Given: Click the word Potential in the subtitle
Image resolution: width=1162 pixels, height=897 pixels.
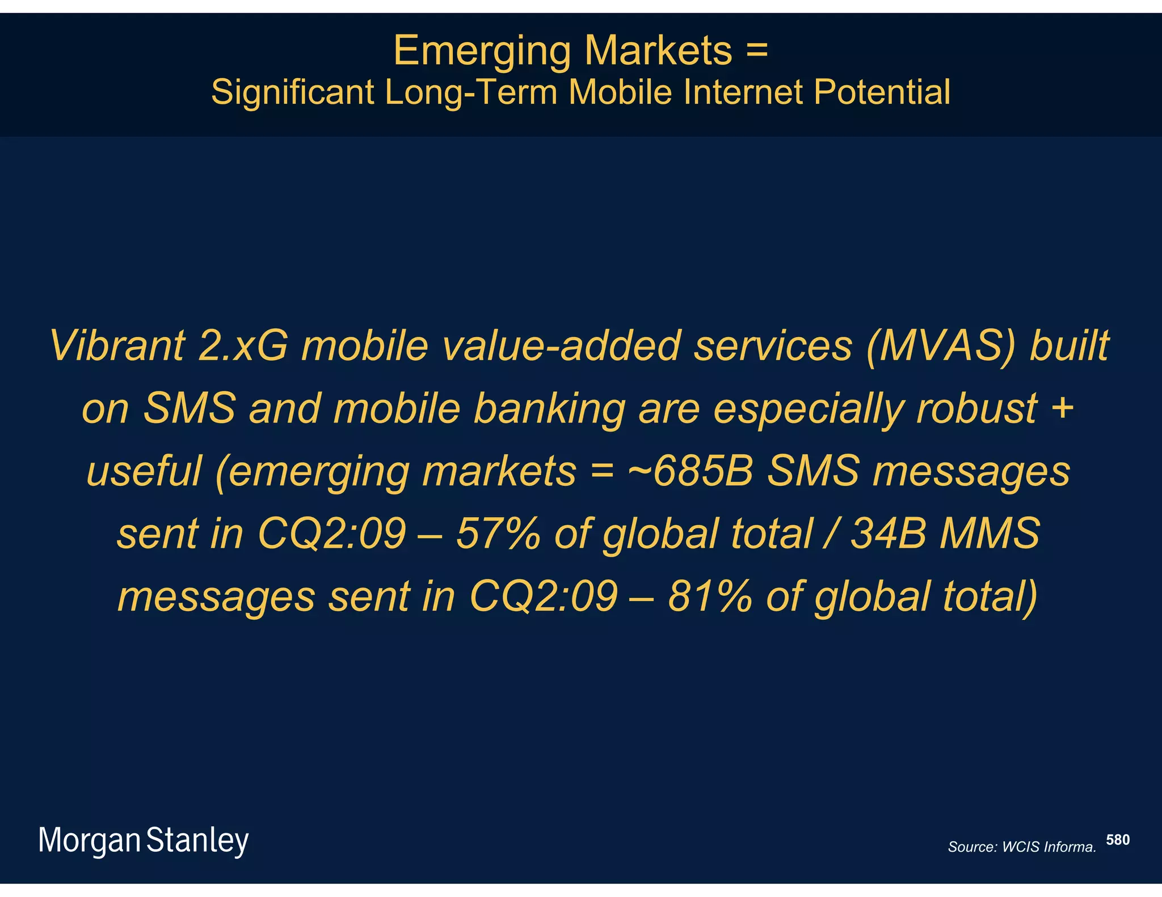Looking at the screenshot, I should pos(882,92).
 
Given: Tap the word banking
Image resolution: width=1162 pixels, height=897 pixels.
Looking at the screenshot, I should pos(549,408).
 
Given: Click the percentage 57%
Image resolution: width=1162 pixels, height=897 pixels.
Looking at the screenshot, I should pos(498,534).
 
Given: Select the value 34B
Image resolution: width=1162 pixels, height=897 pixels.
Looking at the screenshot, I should pos(889,534).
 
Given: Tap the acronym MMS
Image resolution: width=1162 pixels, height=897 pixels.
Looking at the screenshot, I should pos(990,534).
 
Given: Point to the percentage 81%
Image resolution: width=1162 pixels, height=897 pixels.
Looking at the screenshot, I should pos(710,596).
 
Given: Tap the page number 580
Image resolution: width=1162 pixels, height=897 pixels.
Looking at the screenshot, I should pos(1118,840).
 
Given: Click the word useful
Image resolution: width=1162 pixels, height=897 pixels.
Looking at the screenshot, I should pos(144,471).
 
